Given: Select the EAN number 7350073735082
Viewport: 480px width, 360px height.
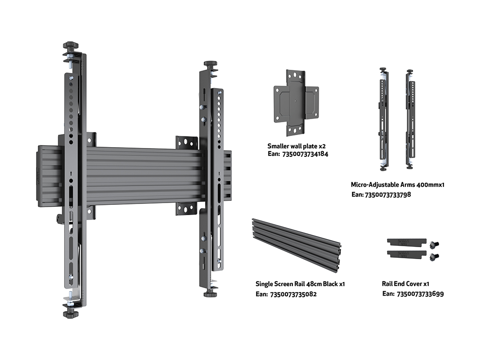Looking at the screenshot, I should point(293,294).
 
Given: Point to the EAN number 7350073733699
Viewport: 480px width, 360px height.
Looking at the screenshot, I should point(420,293).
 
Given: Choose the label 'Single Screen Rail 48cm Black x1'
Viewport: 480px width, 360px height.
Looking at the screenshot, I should point(300,284).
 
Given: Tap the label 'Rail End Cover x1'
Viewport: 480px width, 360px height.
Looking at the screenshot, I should point(405,284).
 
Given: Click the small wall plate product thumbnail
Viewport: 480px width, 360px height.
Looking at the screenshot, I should point(296,103).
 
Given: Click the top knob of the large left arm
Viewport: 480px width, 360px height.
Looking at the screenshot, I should point(71,46).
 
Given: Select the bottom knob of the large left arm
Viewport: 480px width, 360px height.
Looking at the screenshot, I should point(71,314).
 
